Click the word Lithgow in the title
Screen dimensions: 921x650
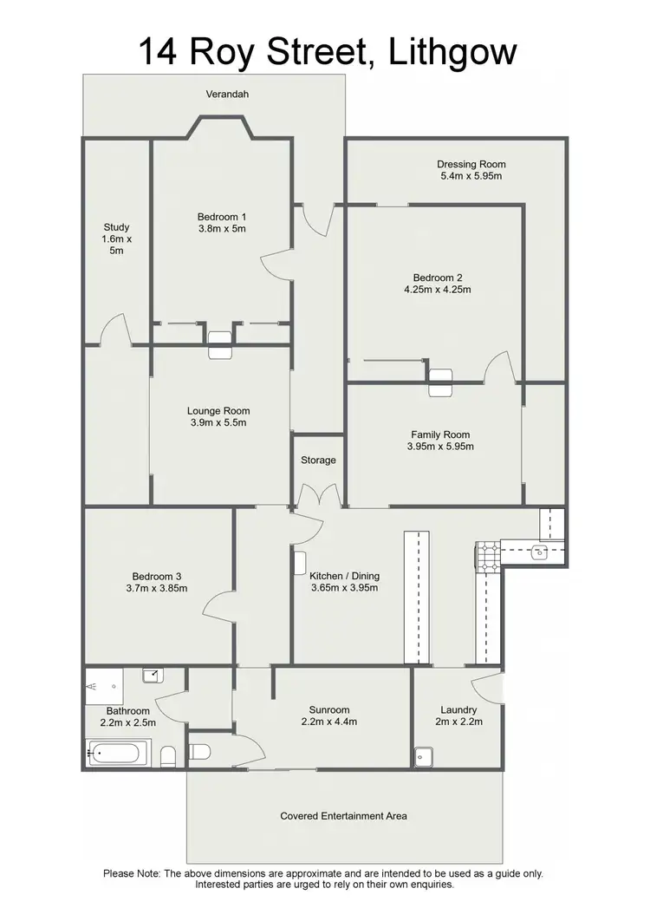click(448, 51)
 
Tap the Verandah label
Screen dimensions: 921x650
click(227, 94)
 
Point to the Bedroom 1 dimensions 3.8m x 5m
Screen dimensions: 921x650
click(222, 229)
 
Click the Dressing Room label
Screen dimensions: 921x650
click(471, 164)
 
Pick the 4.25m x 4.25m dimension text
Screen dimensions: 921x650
click(437, 290)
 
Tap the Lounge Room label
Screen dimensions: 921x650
click(218, 411)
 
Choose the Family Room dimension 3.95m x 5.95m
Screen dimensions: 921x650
click(440, 447)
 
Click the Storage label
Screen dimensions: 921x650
click(318, 460)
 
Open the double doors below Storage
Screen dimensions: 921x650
click(318, 497)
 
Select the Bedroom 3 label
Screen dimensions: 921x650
click(156, 576)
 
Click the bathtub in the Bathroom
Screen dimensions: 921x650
click(119, 753)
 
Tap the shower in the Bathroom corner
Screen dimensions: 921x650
click(103, 685)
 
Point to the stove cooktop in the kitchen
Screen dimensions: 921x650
click(485, 557)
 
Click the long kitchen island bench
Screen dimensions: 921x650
click(417, 595)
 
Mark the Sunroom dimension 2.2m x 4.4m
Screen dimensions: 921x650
click(329, 721)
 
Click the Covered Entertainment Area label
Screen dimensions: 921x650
click(343, 815)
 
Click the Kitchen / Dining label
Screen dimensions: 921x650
click(345, 575)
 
